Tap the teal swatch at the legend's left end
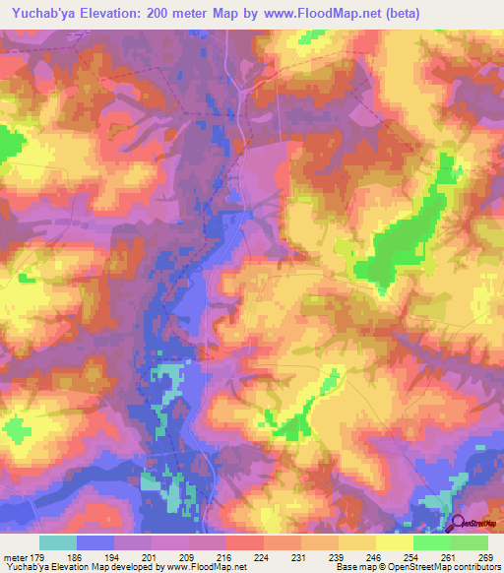click(58, 542)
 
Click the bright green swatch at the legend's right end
click(470, 542)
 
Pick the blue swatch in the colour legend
click(95, 542)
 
